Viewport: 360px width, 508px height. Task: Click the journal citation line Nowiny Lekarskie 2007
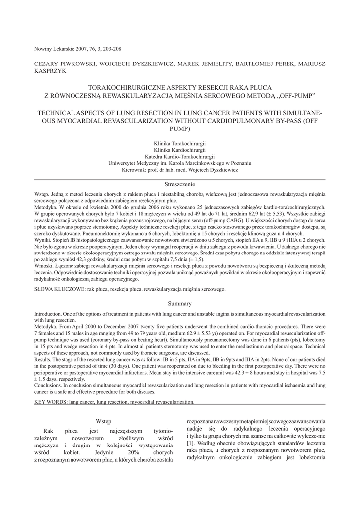[x=77, y=49]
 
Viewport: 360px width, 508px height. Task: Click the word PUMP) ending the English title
[x=179, y=129]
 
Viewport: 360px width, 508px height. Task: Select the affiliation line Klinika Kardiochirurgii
[x=180, y=150]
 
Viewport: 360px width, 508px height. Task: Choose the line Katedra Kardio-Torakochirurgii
[x=180, y=156]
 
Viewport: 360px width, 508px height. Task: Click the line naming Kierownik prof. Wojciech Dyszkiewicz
[x=180, y=169]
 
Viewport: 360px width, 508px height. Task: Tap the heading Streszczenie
[x=180, y=184]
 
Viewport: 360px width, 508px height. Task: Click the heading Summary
[x=180, y=304]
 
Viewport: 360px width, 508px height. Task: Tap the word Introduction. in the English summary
[x=48, y=315]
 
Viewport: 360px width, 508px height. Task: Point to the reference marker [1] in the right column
[x=190, y=442]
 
